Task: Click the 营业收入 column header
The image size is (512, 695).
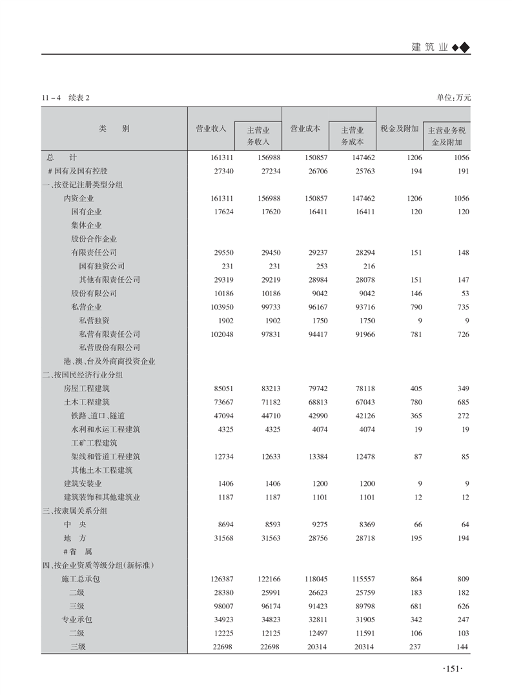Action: tap(211, 128)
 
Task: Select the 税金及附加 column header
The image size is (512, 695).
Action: tap(400, 128)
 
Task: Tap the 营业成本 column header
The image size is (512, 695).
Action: tap(305, 128)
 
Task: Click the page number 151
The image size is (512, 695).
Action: tap(452, 669)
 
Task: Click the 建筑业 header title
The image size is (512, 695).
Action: tap(429, 48)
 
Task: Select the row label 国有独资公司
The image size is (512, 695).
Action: tap(102, 266)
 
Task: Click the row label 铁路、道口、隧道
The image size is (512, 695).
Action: tap(98, 416)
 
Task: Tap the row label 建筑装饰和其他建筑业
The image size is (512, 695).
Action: tap(102, 497)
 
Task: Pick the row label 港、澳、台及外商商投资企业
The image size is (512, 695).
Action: tap(109, 361)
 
